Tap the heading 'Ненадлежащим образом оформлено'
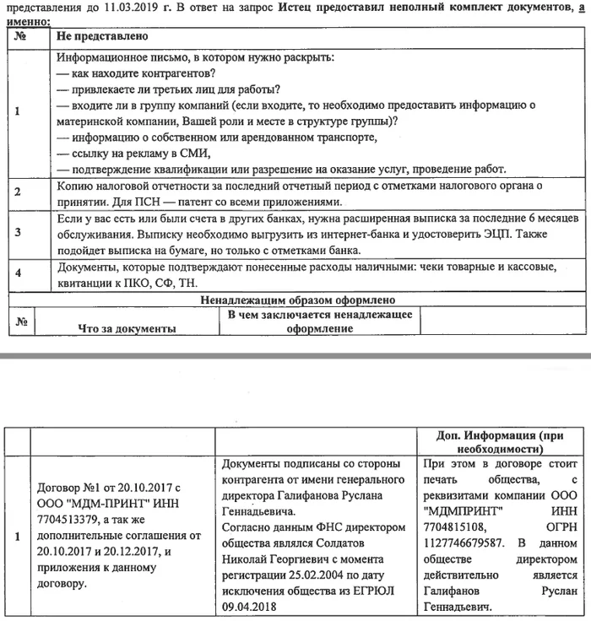click(298, 300)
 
